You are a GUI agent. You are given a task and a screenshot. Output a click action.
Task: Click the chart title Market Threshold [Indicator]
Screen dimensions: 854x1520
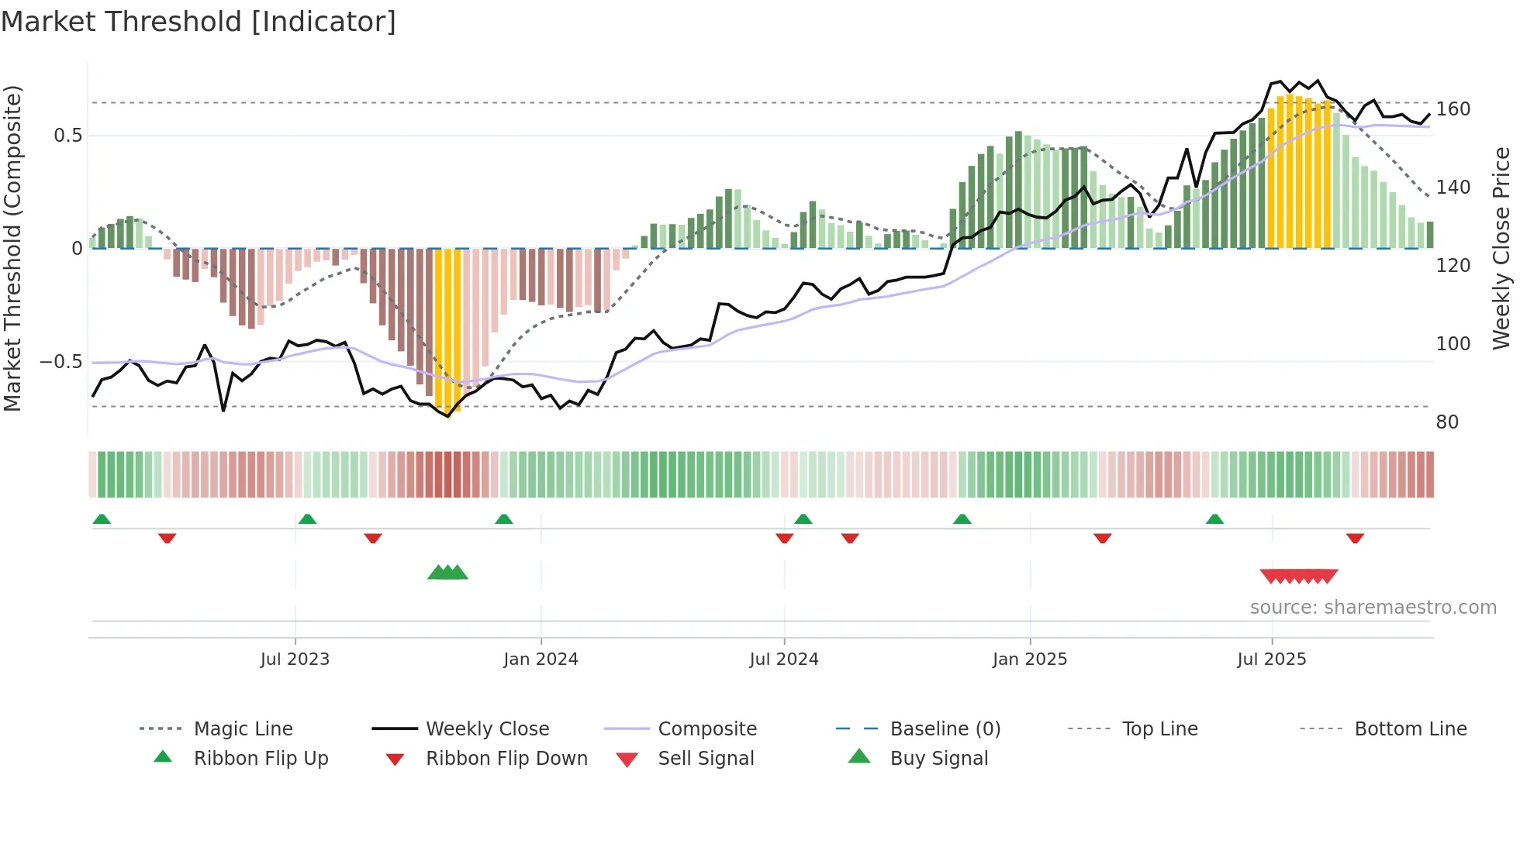[199, 22]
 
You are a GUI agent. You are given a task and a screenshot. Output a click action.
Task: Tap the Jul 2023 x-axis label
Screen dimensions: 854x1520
[295, 659]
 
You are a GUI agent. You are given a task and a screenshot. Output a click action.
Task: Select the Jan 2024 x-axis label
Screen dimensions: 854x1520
[541, 659]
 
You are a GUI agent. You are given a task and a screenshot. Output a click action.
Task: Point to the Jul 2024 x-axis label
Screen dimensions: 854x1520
[784, 659]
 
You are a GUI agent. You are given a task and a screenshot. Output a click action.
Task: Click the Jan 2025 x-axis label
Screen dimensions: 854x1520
[1030, 659]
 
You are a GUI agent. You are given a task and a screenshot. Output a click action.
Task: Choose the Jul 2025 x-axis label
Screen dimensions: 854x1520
[1272, 659]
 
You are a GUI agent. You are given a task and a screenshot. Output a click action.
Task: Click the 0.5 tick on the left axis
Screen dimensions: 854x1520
[67, 136]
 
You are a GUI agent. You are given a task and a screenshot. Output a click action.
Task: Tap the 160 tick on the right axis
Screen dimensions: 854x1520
[1453, 109]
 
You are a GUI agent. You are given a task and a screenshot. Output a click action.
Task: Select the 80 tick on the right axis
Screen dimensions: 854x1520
[1447, 422]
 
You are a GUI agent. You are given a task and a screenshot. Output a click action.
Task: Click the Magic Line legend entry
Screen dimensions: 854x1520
[243, 729]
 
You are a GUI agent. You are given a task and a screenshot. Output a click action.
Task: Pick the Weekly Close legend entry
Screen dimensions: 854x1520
[487, 729]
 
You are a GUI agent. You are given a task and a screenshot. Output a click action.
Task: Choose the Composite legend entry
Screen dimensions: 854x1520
[707, 729]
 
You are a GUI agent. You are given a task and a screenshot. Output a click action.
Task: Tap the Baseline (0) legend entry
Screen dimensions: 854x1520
[945, 729]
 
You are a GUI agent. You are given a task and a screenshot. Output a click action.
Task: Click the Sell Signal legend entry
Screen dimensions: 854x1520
[706, 759]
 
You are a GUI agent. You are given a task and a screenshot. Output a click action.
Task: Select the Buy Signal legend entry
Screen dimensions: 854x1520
[938, 759]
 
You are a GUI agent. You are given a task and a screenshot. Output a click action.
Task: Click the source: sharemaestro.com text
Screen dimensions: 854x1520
[1373, 608]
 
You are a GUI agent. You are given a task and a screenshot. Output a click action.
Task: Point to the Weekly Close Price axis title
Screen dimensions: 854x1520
[1501, 248]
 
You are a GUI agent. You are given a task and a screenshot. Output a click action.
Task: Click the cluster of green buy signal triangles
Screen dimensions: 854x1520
[447, 573]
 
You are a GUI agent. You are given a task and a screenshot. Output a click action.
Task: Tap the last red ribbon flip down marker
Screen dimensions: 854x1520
[1355, 538]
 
